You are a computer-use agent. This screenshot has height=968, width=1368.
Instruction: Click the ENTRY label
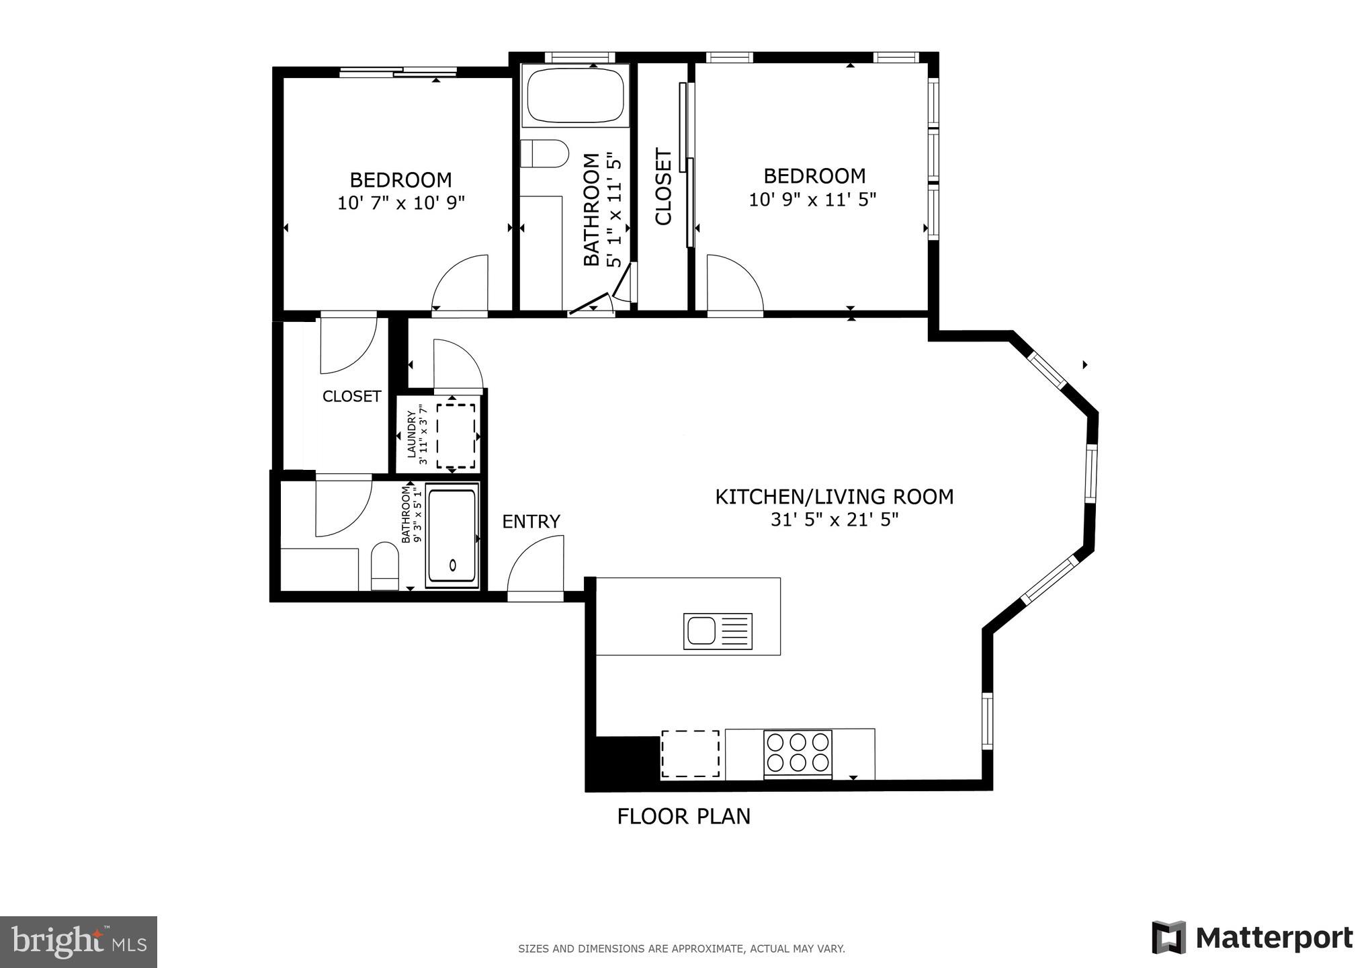coord(531,522)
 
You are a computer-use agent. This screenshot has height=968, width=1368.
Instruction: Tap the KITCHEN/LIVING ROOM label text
coord(834,497)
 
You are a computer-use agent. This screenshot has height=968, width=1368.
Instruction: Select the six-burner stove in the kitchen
coord(798,752)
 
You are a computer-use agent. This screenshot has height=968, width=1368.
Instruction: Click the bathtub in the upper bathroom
coord(575,95)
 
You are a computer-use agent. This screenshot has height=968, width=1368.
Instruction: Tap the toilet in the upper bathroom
coord(544,154)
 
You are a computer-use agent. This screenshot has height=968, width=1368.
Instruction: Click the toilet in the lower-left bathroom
coord(385,565)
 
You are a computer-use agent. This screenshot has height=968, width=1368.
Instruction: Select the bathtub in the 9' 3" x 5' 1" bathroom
coord(452,536)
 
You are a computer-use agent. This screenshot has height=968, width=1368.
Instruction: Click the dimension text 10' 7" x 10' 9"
coord(401,203)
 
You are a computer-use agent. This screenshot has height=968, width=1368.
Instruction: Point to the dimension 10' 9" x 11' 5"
coord(812,200)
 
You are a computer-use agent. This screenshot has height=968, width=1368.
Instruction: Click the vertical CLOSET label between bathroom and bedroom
coord(663,187)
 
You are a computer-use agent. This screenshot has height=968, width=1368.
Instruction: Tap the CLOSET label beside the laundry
coord(351,397)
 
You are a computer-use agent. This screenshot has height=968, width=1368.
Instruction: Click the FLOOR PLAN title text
coord(683,816)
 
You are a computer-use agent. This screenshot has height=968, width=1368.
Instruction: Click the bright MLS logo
coord(79,942)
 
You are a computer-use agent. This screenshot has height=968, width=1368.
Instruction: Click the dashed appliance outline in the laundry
coord(456,436)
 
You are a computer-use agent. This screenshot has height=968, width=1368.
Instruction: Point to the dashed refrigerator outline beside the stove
coord(690,754)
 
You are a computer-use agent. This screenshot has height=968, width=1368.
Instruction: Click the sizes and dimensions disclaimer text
coord(681,949)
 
